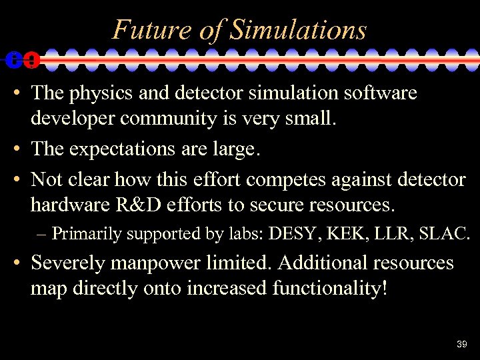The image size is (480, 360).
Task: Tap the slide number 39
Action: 462,344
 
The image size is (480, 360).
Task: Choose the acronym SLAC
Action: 446,233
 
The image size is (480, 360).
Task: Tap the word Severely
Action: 67,263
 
